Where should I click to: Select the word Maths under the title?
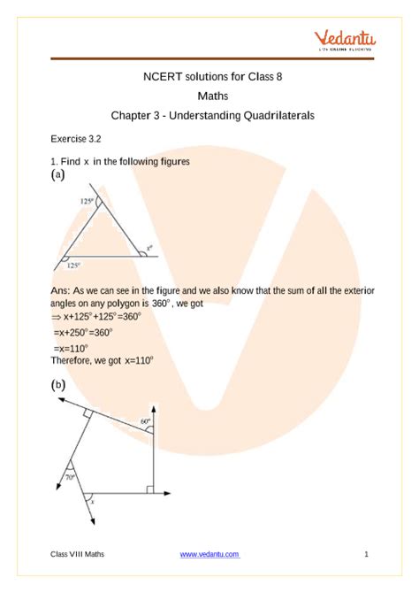point(209,96)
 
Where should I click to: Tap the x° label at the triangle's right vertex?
point(149,248)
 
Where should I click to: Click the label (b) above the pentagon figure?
point(58,385)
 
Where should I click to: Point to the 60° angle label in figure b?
point(144,421)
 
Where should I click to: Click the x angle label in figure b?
point(95,502)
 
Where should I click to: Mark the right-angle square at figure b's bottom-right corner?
point(151,488)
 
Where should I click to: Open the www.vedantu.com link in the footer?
point(209,554)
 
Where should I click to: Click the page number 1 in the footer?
point(365,554)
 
